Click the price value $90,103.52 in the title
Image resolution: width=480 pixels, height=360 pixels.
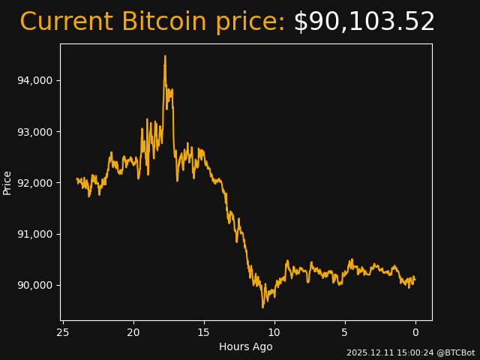click(364, 22)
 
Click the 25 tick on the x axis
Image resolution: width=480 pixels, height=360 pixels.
click(63, 333)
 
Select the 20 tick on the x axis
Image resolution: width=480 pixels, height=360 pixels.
click(133, 333)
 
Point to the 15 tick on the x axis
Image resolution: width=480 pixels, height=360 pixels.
click(204, 333)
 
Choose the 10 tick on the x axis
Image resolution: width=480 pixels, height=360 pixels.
click(274, 333)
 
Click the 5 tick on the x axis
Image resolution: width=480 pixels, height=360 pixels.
click(345, 333)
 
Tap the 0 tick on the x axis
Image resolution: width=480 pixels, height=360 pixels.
click(415, 333)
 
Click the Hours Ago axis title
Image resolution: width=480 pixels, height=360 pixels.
click(246, 346)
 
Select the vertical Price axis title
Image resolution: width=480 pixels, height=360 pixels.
click(7, 182)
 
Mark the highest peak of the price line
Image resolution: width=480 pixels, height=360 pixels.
click(165, 56)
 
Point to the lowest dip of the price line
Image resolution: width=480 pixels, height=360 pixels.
click(262, 307)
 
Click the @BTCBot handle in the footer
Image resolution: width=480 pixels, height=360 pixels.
click(454, 352)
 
